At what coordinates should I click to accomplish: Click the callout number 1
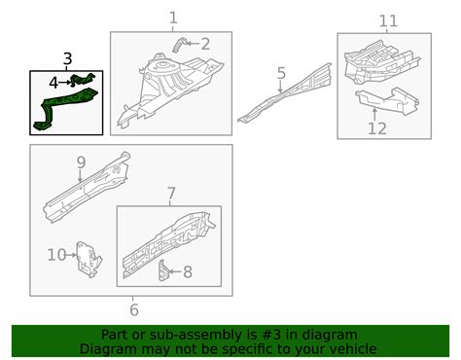click(x=173, y=18)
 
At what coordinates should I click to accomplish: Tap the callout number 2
click(x=205, y=44)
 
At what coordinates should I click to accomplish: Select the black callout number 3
click(x=67, y=59)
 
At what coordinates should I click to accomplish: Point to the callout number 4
click(x=53, y=83)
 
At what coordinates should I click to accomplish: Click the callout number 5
click(x=281, y=73)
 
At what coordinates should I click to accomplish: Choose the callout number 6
click(x=134, y=309)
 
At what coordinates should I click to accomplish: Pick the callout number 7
click(x=171, y=194)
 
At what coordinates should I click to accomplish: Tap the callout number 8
click(x=188, y=271)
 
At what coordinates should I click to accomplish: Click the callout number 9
click(x=81, y=162)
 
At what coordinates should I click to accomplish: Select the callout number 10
click(x=56, y=255)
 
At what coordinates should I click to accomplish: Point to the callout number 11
click(x=388, y=21)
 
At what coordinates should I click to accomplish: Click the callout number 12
click(x=377, y=128)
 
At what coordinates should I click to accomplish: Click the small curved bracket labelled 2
click(x=179, y=45)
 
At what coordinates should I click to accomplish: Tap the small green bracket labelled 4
click(x=83, y=80)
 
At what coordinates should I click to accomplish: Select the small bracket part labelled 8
click(x=163, y=270)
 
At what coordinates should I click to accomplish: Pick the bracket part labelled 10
click(x=89, y=260)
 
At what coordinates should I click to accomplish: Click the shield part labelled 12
click(x=388, y=101)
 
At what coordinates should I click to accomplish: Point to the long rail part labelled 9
click(x=88, y=187)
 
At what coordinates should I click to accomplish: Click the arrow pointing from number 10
click(x=71, y=255)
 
